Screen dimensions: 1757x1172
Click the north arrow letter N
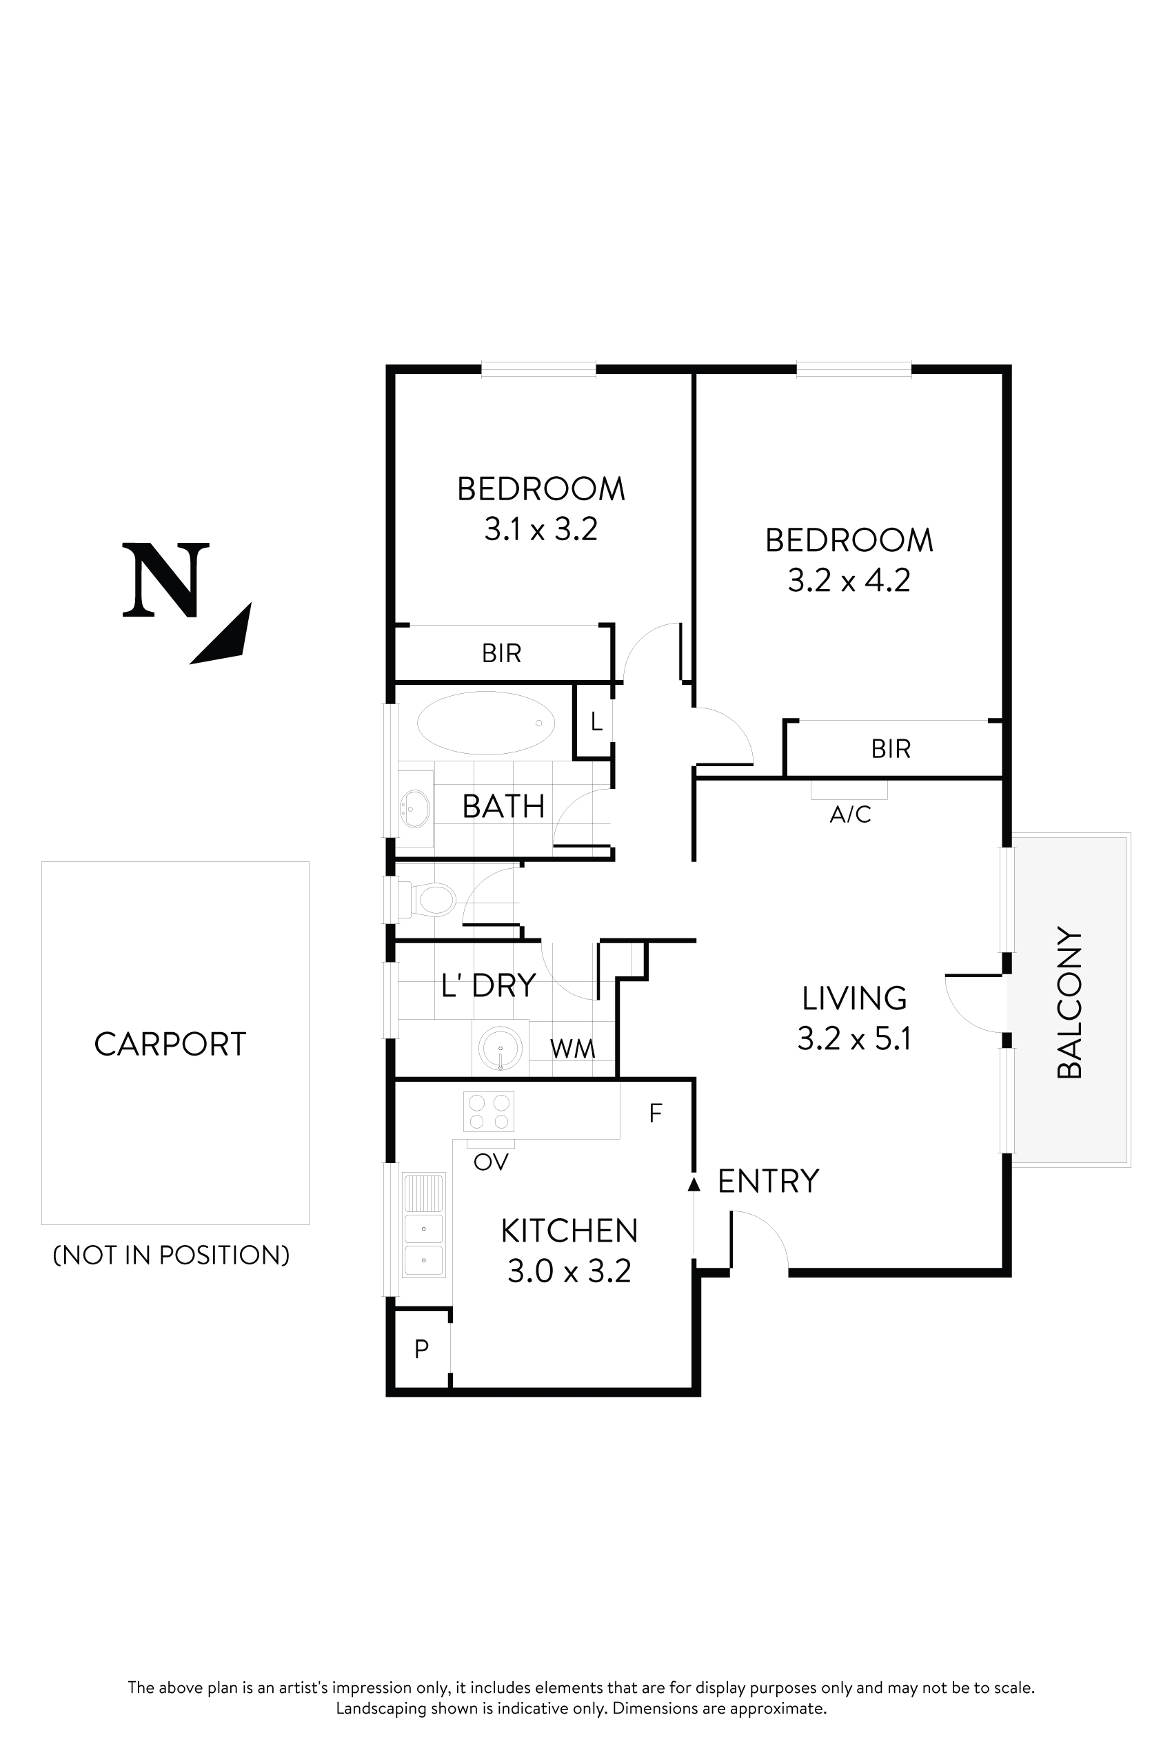(x=165, y=580)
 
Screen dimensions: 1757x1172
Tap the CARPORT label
(x=170, y=1045)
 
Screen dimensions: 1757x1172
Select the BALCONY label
(x=1069, y=1003)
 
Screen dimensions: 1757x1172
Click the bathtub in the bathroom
(x=486, y=722)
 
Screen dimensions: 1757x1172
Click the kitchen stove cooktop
(x=489, y=1112)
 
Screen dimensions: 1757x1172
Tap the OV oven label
(x=491, y=1162)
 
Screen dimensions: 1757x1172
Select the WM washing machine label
(x=572, y=1049)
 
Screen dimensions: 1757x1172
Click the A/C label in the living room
(x=850, y=814)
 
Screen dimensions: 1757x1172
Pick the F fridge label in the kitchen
(x=656, y=1114)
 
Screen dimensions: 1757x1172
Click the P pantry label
(x=421, y=1349)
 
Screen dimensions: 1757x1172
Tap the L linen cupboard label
(x=596, y=721)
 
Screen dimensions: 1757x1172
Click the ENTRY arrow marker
(x=694, y=1184)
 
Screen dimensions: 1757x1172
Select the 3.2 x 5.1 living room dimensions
(x=853, y=1039)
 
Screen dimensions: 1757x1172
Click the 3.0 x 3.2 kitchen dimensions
(x=569, y=1271)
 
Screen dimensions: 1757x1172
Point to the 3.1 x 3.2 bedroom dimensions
(x=540, y=530)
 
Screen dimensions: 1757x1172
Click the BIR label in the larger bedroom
(x=890, y=748)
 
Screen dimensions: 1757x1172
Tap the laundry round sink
(x=500, y=1049)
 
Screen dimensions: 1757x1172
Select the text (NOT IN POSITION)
(x=171, y=1255)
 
